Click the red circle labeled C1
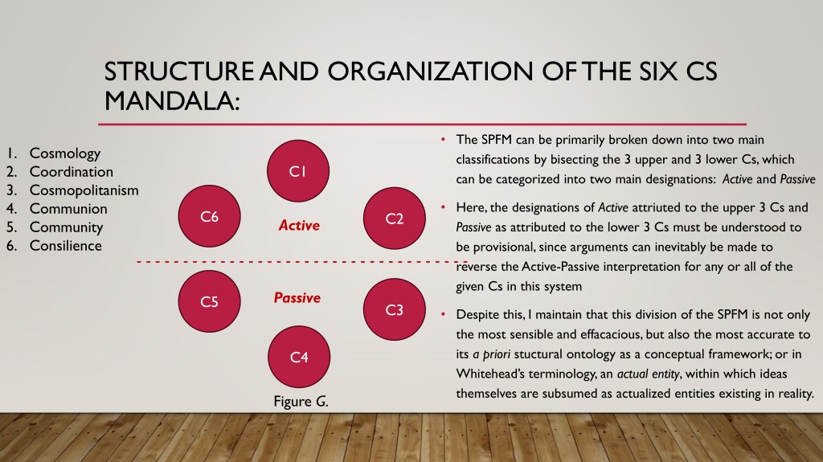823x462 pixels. pos(298,170)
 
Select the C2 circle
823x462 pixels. pos(394,219)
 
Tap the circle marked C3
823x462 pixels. pos(394,309)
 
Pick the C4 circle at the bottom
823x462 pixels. pos(299,357)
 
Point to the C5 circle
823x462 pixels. pos(210,301)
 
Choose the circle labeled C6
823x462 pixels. pos(210,216)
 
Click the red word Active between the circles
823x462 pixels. pos(299,225)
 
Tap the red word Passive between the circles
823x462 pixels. pos(297,297)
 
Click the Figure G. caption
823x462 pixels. pos(301,402)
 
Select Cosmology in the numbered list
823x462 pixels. pos(65,153)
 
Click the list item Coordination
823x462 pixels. pos(72,172)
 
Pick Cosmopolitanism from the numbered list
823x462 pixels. pos(84,190)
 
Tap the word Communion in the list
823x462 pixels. pos(68,208)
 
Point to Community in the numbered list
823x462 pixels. pos(66,227)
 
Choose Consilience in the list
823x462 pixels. pos(66,246)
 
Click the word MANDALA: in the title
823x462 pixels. pos(172,100)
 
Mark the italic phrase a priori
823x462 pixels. pos(491,354)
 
